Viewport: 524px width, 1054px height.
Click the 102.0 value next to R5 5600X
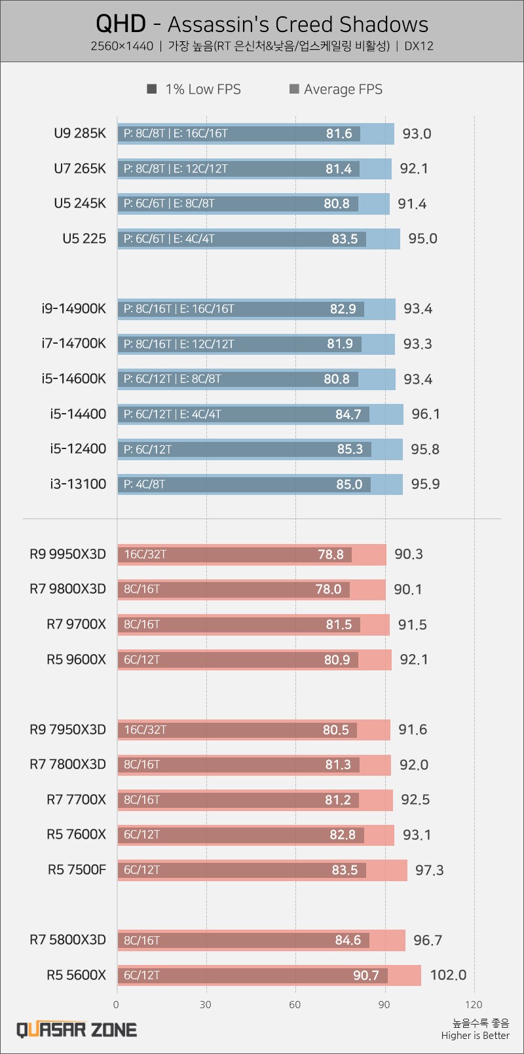click(448, 975)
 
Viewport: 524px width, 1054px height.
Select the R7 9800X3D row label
click(67, 589)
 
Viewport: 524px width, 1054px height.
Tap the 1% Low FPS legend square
click(152, 89)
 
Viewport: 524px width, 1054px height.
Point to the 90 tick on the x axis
click(384, 1004)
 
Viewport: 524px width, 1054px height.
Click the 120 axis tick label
click(473, 1004)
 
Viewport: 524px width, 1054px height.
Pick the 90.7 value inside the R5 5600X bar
click(366, 975)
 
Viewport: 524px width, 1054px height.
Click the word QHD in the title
click(121, 24)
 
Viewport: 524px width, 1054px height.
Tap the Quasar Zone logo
click(77, 1030)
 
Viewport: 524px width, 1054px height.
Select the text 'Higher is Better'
click(475, 1035)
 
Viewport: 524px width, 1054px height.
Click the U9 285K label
click(80, 134)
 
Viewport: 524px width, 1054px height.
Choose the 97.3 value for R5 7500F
click(429, 870)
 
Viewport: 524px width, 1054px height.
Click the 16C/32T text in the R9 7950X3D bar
click(145, 730)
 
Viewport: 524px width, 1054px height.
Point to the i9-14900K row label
click(73, 309)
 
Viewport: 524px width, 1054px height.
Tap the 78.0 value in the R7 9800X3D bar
click(328, 589)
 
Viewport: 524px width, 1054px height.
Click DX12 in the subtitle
click(419, 46)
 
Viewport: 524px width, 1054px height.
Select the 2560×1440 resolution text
click(122, 46)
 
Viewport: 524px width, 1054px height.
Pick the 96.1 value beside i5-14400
click(426, 414)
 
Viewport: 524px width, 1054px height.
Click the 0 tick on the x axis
click(117, 1004)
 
